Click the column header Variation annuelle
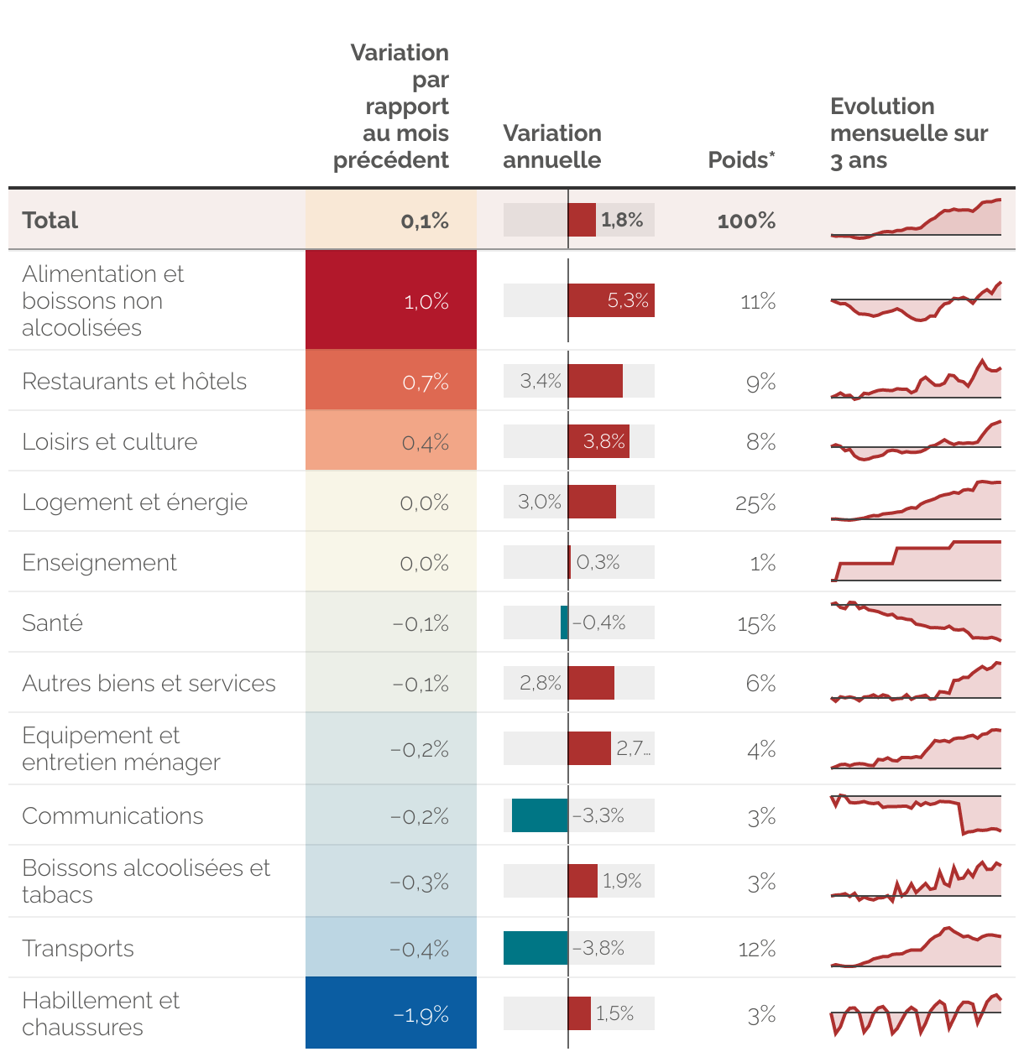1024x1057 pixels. click(552, 147)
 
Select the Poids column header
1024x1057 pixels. click(741, 160)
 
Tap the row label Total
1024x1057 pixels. click(50, 221)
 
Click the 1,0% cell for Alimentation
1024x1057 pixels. click(391, 300)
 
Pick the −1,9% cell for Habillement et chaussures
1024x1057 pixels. click(391, 1014)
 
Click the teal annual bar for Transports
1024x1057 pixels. click(536, 948)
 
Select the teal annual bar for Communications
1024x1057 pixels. click(540, 815)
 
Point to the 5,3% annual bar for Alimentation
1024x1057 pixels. click(611, 300)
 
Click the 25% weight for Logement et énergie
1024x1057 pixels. click(755, 503)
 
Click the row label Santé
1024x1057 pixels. click(53, 623)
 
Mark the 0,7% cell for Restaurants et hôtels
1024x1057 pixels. click(391, 382)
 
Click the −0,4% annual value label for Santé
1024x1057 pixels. click(599, 622)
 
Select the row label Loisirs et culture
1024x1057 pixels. click(110, 442)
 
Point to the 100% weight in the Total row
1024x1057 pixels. click(746, 221)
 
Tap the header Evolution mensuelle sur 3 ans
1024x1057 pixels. click(908, 133)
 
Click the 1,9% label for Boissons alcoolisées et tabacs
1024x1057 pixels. click(622, 881)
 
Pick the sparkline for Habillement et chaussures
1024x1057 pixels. click(916, 1013)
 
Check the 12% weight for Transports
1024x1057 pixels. click(757, 949)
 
